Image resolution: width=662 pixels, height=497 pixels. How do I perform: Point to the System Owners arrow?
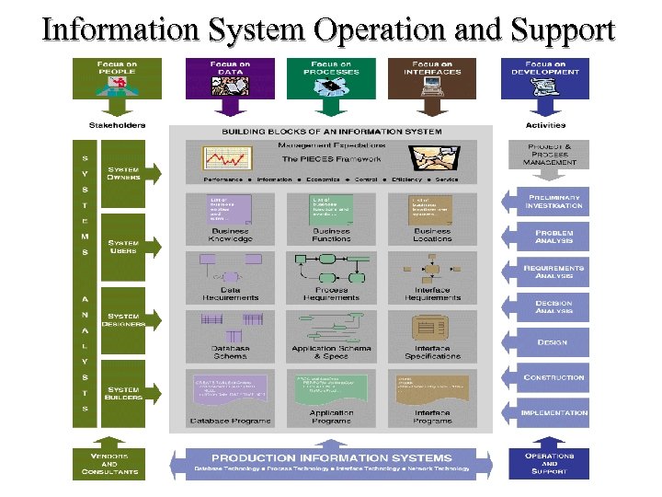129,172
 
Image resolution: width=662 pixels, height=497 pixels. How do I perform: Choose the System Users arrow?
129,247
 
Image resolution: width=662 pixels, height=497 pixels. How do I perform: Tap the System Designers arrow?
129,320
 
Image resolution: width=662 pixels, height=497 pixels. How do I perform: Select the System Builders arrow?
129,394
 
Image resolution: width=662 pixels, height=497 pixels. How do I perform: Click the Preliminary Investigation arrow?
549,201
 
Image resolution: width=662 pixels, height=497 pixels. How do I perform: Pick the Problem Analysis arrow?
549,237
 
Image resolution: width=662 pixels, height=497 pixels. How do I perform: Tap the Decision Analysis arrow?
549,306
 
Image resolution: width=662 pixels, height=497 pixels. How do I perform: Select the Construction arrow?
549,377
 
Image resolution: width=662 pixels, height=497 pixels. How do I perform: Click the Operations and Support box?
549,463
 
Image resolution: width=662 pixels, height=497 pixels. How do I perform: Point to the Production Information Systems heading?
332,457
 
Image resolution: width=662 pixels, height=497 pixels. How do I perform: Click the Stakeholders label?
117,126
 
